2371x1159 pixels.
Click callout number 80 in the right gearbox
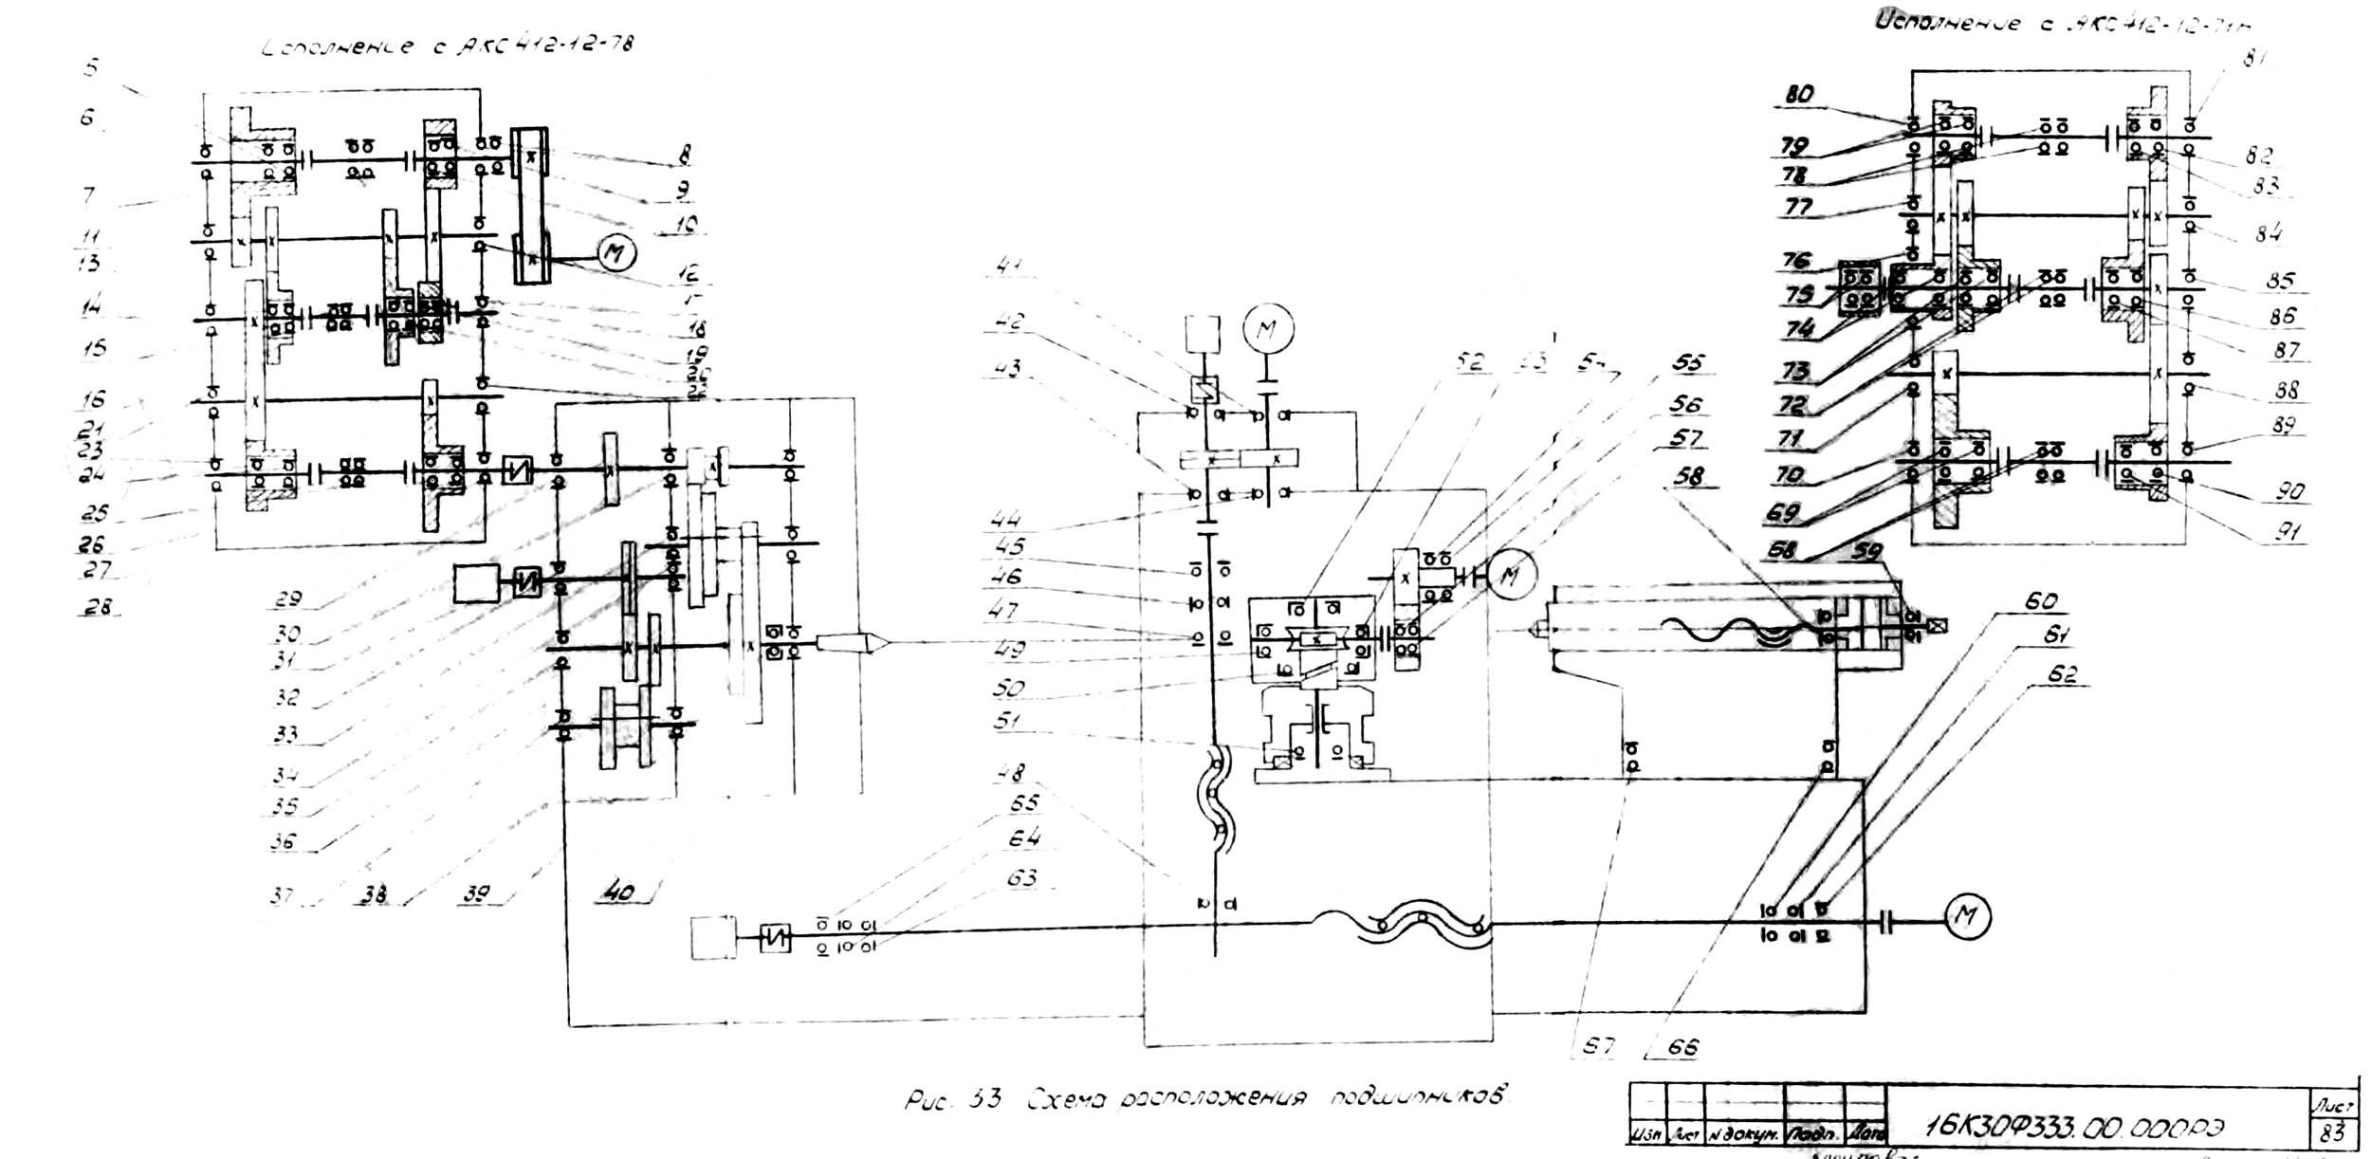pos(1799,94)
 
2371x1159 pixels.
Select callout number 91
pos(2288,531)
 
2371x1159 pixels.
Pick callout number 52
pos(1469,361)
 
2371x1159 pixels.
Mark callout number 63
pos(1021,878)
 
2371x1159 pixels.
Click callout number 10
pos(687,224)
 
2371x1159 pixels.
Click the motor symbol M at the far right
pos(1967,916)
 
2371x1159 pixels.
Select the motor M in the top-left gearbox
pos(616,253)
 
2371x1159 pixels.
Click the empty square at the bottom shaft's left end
pos(712,938)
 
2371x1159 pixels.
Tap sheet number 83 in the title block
pos(2332,1133)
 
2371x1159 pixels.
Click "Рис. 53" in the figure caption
pos(951,1101)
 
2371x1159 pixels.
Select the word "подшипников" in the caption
pos(1417,1098)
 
